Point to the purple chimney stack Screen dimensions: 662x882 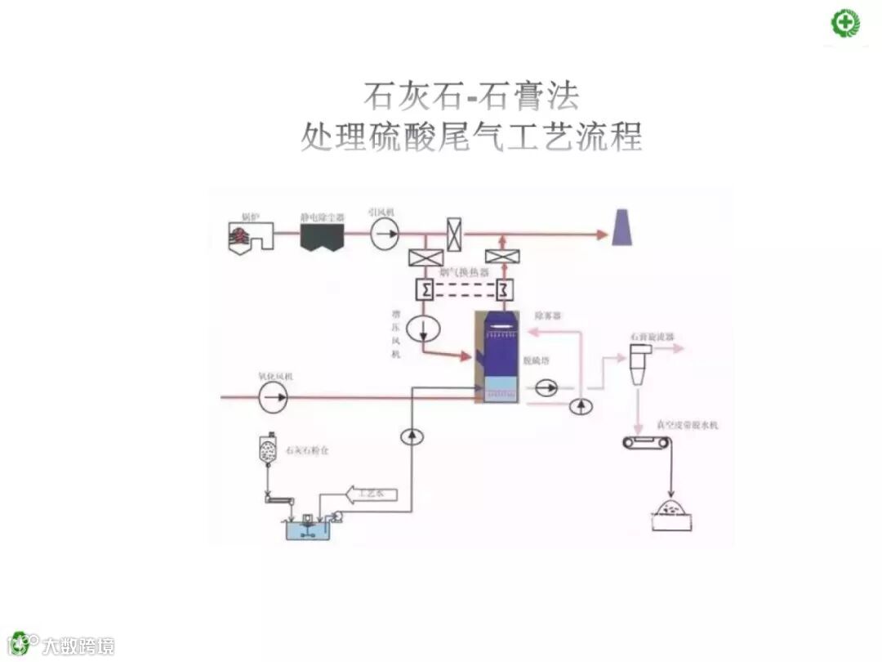tap(622, 226)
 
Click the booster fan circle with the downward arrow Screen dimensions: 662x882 tap(424, 328)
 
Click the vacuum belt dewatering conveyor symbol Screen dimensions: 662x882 tap(646, 443)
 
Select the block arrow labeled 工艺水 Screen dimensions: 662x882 tap(372, 494)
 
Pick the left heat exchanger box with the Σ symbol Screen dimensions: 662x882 tap(425, 289)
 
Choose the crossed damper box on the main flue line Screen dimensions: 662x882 tap(455, 235)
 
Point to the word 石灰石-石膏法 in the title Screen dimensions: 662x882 tap(471, 96)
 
